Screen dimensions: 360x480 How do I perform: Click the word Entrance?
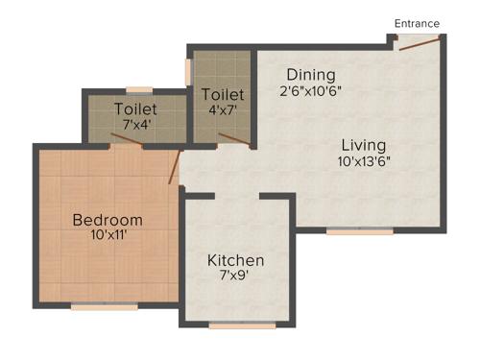[x=417, y=23]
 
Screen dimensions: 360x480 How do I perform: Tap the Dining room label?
[x=310, y=75]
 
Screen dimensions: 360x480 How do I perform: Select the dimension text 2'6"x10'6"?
[x=310, y=91]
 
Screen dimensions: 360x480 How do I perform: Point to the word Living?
[x=364, y=145]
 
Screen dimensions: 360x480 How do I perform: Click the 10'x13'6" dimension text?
[x=364, y=161]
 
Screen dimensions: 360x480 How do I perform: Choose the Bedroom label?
[x=108, y=220]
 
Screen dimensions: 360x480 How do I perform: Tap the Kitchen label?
[x=236, y=260]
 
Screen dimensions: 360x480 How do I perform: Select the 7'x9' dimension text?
[x=236, y=276]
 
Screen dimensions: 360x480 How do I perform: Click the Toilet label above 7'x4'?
[x=135, y=108]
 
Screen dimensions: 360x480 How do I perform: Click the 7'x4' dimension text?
[x=135, y=124]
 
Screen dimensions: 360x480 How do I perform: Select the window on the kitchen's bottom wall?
[x=242, y=326]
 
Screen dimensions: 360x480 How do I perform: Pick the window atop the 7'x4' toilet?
[x=139, y=90]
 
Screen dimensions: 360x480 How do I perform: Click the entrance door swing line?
[x=420, y=41]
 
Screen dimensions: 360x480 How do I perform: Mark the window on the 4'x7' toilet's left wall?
[x=189, y=73]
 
